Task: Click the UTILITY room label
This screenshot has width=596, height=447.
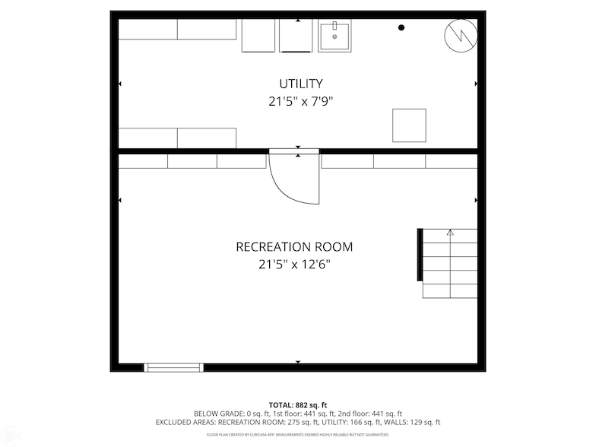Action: pyautogui.click(x=300, y=84)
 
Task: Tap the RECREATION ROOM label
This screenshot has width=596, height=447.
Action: pyautogui.click(x=294, y=247)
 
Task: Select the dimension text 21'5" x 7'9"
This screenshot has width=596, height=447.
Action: pyautogui.click(x=301, y=101)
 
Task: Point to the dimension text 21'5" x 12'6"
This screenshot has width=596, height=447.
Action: pyautogui.click(x=294, y=265)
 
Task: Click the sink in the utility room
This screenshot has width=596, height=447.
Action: pyautogui.click(x=334, y=36)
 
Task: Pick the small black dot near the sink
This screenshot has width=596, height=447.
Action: pyautogui.click(x=401, y=27)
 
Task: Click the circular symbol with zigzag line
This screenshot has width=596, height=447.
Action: pyautogui.click(x=461, y=34)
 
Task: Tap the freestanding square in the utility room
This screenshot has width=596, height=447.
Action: pyautogui.click(x=409, y=125)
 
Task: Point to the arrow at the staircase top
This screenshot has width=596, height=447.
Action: pyautogui.click(x=450, y=233)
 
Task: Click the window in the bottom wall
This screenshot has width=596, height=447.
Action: pyautogui.click(x=174, y=367)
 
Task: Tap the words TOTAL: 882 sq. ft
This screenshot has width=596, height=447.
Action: pyautogui.click(x=298, y=404)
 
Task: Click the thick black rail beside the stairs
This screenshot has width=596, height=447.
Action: pyautogui.click(x=419, y=255)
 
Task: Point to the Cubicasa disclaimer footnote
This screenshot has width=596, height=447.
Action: pyautogui.click(x=298, y=435)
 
